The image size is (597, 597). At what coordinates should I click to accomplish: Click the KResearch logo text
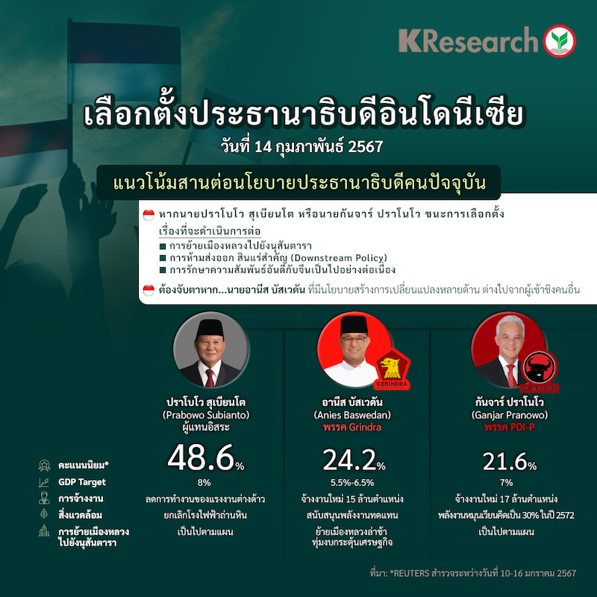(468, 40)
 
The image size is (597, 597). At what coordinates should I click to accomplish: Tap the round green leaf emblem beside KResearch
(559, 41)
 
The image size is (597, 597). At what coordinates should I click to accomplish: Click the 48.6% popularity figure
(206, 458)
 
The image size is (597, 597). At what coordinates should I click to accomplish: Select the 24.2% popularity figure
(354, 460)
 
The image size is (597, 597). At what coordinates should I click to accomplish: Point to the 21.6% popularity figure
(510, 461)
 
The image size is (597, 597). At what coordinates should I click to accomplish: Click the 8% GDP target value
(204, 482)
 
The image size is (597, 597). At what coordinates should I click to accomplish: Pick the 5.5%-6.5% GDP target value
(352, 482)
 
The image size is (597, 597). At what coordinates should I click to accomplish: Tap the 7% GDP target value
(507, 482)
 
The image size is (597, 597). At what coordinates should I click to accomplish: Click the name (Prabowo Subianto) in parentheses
(206, 415)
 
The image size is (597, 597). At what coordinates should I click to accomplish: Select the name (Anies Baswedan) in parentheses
(352, 415)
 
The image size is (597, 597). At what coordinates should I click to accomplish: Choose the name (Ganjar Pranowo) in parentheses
(510, 415)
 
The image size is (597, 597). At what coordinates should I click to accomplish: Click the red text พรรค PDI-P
(510, 427)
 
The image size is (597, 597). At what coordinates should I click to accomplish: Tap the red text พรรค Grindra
(352, 427)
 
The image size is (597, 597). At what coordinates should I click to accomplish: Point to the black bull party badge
(540, 370)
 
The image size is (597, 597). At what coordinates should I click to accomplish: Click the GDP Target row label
(82, 482)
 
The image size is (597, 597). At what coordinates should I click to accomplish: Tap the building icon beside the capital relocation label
(44, 531)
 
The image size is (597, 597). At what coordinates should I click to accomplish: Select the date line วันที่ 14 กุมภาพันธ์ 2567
(302, 146)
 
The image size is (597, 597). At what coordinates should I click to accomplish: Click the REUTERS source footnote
(473, 573)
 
